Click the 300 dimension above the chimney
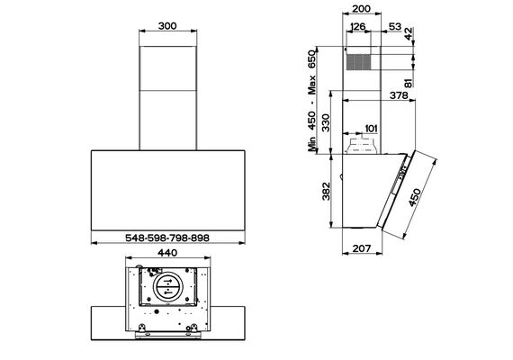pos(167,26)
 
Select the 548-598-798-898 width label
pos(167,238)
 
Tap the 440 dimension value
pos(167,253)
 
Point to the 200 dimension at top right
pos(362,8)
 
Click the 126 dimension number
pos(357,27)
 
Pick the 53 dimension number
pos(395,26)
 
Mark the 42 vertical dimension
pos(409,34)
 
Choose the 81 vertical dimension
pos(409,82)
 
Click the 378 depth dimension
pos(399,95)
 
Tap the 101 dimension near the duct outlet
pos(371,129)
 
